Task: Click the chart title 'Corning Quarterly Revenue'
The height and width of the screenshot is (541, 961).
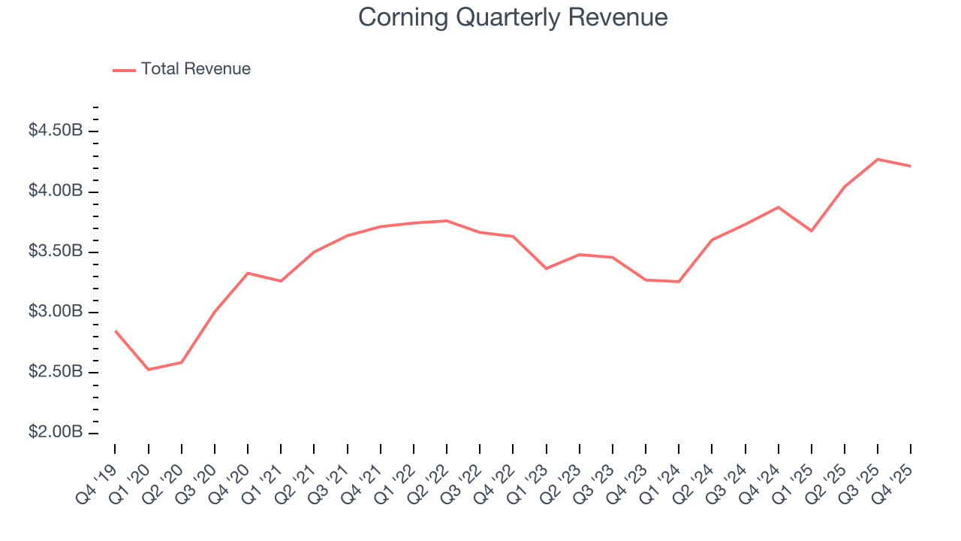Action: pyautogui.click(x=513, y=17)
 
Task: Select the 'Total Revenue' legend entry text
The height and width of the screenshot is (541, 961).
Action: pyautogui.click(x=195, y=69)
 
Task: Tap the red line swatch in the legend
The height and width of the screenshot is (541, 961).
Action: pyautogui.click(x=124, y=70)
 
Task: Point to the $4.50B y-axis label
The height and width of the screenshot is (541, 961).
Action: pyautogui.click(x=56, y=131)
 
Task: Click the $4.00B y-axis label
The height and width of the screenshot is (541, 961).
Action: pyautogui.click(x=56, y=191)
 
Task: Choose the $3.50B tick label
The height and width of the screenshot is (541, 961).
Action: pyautogui.click(x=56, y=251)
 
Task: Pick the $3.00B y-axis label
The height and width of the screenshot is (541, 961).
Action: pyautogui.click(x=56, y=312)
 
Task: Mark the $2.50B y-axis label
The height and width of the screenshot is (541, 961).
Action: pyautogui.click(x=56, y=372)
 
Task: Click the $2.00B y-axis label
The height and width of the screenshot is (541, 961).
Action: pyautogui.click(x=56, y=433)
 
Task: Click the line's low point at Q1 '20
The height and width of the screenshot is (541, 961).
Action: pyautogui.click(x=149, y=369)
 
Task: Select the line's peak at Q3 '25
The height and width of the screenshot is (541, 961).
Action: pyautogui.click(x=878, y=159)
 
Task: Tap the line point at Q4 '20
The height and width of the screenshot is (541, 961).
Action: pyautogui.click(x=248, y=273)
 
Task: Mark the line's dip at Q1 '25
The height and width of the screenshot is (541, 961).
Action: pyautogui.click(x=812, y=231)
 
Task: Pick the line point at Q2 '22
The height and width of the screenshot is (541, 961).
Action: pyautogui.click(x=447, y=221)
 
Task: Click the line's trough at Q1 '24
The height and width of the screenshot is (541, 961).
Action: pyautogui.click(x=679, y=282)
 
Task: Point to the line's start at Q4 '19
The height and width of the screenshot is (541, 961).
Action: pyautogui.click(x=116, y=331)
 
